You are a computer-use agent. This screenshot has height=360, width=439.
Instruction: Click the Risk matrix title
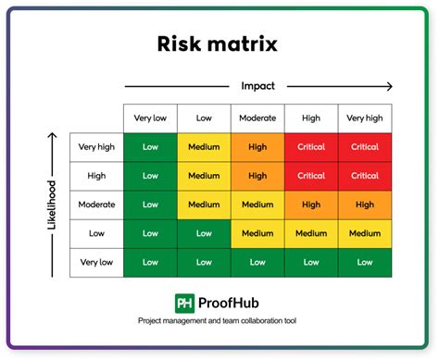(219, 43)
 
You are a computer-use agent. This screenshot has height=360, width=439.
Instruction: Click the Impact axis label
(258, 86)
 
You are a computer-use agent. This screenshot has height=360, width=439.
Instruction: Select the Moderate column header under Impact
(257, 118)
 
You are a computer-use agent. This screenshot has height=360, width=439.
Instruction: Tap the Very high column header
(365, 118)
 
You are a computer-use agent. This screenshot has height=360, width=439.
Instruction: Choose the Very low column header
(150, 118)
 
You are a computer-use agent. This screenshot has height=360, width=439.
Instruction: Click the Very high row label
(97, 146)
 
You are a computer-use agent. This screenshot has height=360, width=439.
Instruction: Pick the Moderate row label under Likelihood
(97, 205)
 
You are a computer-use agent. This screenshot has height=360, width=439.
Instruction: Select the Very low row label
(97, 263)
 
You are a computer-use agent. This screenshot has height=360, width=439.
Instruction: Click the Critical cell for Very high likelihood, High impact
(311, 146)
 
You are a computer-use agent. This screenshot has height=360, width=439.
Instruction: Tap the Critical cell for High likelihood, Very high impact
(365, 176)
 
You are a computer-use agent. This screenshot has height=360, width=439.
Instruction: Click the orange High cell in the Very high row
(257, 146)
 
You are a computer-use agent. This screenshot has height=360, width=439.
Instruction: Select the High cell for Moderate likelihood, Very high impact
(365, 205)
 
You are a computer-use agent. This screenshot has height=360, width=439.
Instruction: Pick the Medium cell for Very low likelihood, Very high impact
(365, 263)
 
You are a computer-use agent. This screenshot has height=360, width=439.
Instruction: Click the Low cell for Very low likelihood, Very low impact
(150, 263)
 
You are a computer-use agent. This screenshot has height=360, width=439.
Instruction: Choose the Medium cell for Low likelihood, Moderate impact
(257, 234)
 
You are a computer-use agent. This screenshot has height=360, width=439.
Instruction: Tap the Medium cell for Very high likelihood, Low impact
(204, 146)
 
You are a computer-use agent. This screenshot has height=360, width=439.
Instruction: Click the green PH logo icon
(185, 304)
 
